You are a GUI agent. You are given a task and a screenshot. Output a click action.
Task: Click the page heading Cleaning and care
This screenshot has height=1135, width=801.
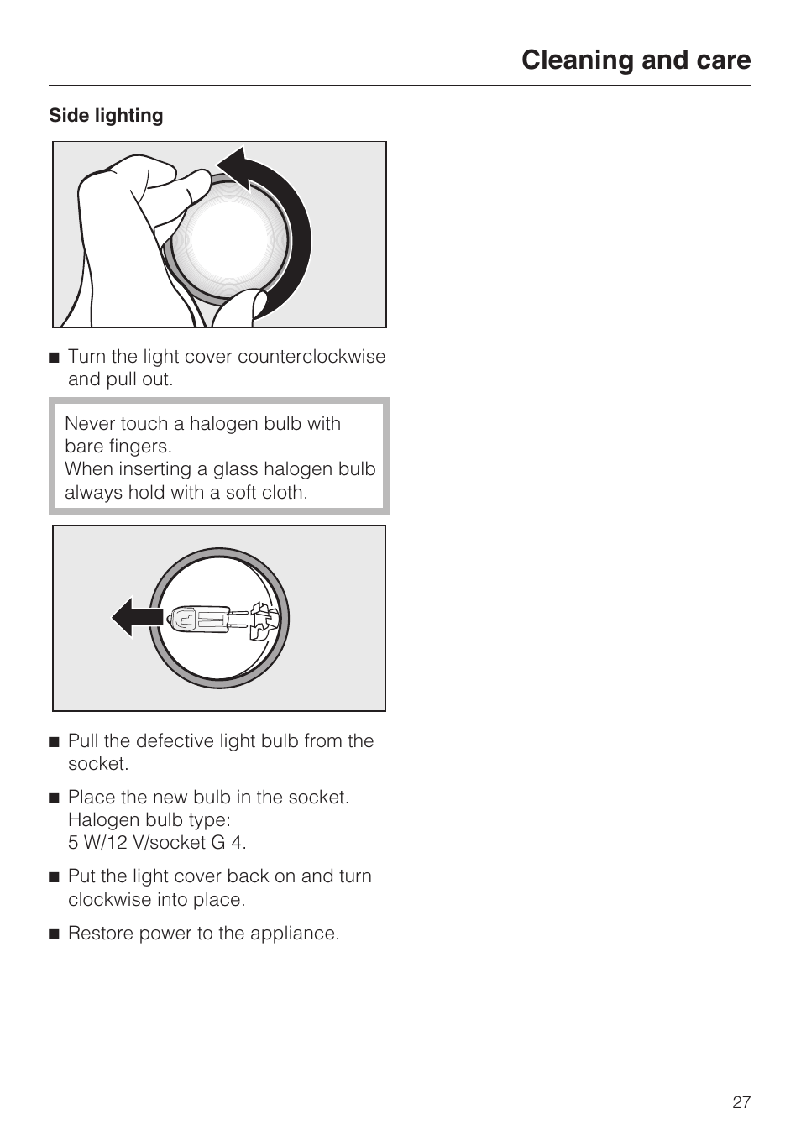point(636,60)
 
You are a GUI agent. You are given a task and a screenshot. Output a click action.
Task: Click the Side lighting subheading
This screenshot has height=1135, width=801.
point(106,116)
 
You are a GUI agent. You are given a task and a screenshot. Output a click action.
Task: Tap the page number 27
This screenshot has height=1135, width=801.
point(741,1102)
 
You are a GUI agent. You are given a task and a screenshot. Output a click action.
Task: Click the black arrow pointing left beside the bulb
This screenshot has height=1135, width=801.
point(134,618)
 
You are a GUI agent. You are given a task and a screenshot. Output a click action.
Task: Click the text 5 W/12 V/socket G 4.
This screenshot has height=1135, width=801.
point(157,843)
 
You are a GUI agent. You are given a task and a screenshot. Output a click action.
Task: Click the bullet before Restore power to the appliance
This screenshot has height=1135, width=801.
point(55,934)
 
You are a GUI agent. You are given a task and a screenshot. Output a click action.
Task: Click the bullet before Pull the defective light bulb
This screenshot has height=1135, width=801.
point(55,742)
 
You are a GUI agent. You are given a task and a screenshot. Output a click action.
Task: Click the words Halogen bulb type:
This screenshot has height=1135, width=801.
point(149,820)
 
